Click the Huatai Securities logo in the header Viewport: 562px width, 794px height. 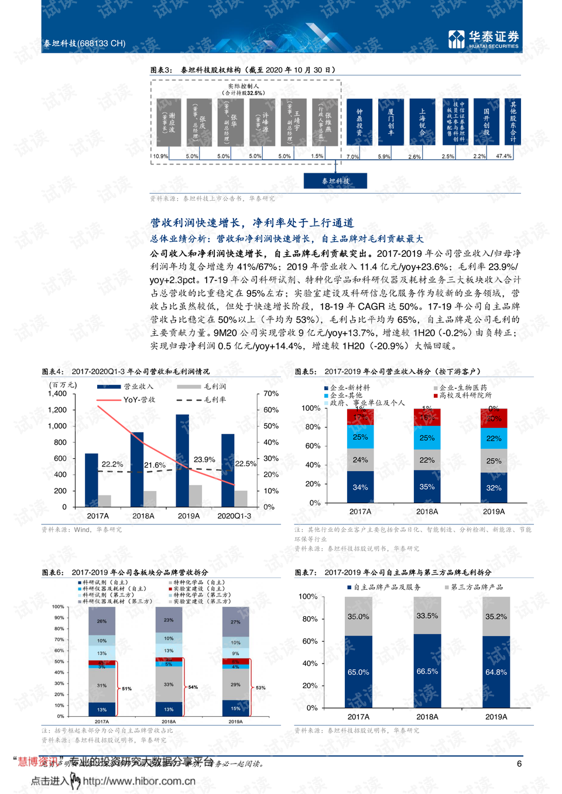[x=483, y=39]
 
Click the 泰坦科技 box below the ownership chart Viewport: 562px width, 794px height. [x=335, y=181]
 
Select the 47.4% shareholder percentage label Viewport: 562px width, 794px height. [x=503, y=156]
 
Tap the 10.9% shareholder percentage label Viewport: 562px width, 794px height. [x=160, y=156]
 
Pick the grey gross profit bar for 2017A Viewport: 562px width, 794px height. [x=105, y=501]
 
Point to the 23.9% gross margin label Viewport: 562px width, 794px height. [x=204, y=459]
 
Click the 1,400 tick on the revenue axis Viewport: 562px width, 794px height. [x=57, y=394]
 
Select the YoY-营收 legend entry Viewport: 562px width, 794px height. [x=139, y=400]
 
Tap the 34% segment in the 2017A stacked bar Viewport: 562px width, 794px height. [x=360, y=487]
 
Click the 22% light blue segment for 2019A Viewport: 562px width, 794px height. [x=494, y=438]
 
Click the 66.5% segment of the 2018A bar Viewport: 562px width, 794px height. [x=427, y=671]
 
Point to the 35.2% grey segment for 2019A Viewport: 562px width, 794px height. [x=496, y=617]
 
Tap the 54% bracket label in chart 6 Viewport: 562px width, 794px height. [x=193, y=687]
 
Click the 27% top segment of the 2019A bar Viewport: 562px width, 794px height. [x=235, y=622]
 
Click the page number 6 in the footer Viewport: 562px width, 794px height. [x=519, y=764]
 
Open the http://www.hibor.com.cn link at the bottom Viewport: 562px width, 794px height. [x=139, y=781]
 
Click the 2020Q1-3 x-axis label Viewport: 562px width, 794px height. [x=234, y=516]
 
